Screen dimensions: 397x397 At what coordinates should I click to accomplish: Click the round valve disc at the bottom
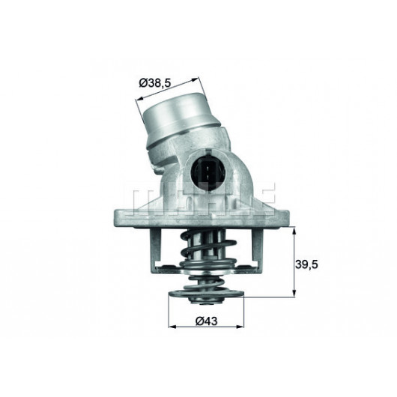[x=201, y=297]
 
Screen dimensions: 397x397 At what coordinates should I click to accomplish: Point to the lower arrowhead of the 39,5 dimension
[x=294, y=294]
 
